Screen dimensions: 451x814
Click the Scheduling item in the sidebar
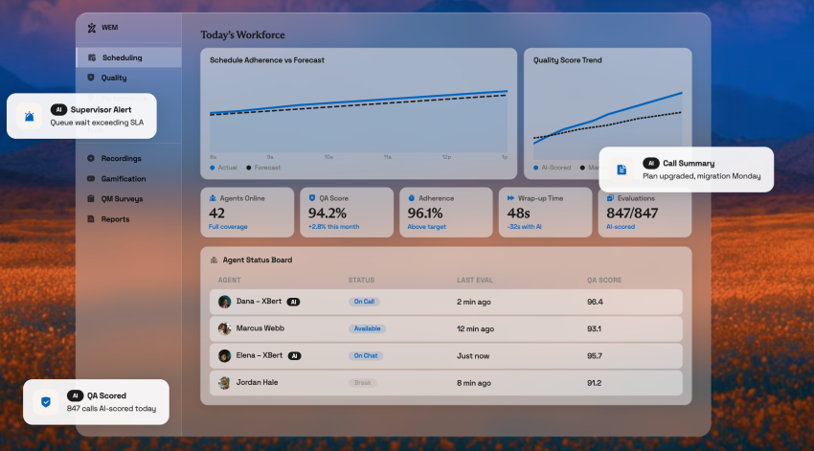122,57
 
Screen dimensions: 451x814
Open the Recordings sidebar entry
121,158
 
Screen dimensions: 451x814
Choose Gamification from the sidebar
123,178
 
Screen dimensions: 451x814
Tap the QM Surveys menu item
122,198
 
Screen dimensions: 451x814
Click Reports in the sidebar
115,218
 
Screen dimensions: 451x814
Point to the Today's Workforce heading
242,35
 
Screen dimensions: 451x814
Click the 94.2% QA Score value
327,214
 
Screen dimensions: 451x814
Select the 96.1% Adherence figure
426,214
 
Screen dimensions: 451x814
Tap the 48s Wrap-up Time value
518,214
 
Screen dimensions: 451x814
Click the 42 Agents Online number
217,214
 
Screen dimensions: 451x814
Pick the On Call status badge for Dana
364,302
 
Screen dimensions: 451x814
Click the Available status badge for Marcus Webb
367,328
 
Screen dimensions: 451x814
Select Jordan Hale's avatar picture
224,383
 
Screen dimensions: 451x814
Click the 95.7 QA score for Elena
595,356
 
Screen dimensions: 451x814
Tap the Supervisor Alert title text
101,110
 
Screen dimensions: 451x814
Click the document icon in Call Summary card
622,169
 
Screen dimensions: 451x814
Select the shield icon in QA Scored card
46,402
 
